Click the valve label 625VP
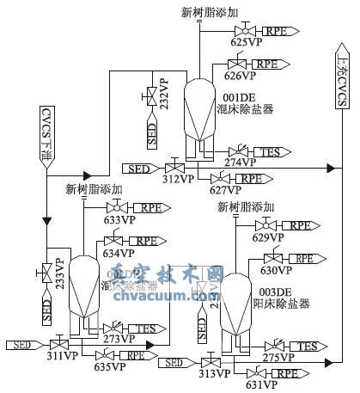[247, 41]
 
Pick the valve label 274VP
[240, 162]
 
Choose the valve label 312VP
[176, 180]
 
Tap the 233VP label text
[60, 272]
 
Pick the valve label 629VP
[270, 237]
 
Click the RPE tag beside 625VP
[279, 30]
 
